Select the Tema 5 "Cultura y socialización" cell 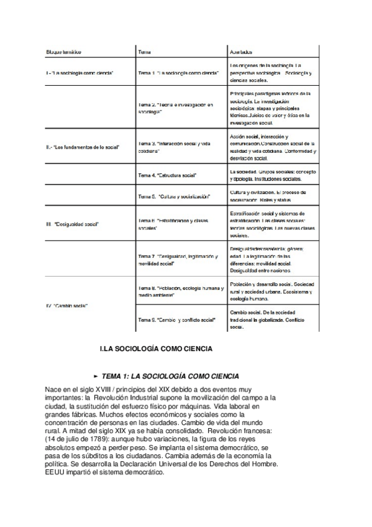click(x=175, y=197)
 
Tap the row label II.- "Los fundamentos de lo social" click(x=83, y=147)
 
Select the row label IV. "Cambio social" click(x=67, y=306)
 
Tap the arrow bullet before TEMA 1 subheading click(x=95, y=377)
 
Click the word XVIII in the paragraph click(x=112, y=389)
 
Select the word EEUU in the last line click(x=55, y=472)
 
